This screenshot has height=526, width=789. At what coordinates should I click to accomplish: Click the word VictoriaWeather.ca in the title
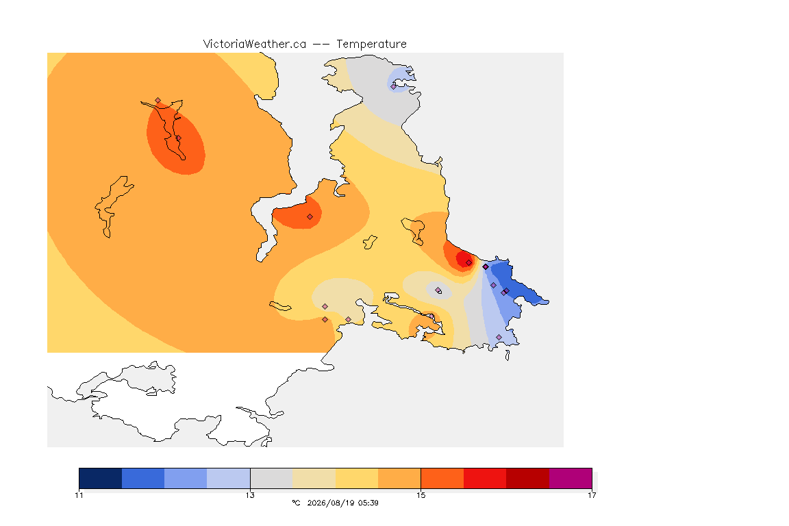coord(255,45)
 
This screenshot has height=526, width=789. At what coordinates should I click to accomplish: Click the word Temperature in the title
coord(371,45)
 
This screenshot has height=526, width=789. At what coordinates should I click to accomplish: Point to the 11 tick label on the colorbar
coord(79,495)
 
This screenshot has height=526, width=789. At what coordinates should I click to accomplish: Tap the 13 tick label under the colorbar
coord(250,495)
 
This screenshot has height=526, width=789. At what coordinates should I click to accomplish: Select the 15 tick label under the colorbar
coord(421,495)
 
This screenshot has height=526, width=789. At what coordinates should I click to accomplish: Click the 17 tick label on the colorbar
coord(592,495)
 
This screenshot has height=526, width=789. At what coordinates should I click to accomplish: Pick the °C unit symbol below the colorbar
coord(296,503)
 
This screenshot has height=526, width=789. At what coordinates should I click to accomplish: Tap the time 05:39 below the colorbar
coord(368,503)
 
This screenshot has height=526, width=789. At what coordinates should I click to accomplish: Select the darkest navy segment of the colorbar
coord(101,478)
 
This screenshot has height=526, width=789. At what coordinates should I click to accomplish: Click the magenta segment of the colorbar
coord(571,478)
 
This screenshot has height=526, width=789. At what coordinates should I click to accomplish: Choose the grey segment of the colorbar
coord(272,478)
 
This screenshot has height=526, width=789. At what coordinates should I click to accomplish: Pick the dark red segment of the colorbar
coord(528,478)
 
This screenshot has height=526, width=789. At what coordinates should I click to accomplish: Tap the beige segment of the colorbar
coord(314,478)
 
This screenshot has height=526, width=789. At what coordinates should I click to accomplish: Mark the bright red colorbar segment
coord(485,478)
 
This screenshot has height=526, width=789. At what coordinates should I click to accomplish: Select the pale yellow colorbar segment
coord(357,478)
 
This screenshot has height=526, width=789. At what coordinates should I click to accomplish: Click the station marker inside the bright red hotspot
coord(469,263)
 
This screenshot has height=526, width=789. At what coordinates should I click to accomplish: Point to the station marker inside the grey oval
coord(438,290)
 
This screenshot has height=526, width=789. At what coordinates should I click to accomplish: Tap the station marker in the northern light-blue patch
coord(394,86)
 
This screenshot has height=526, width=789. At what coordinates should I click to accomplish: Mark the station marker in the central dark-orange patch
coord(310,217)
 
